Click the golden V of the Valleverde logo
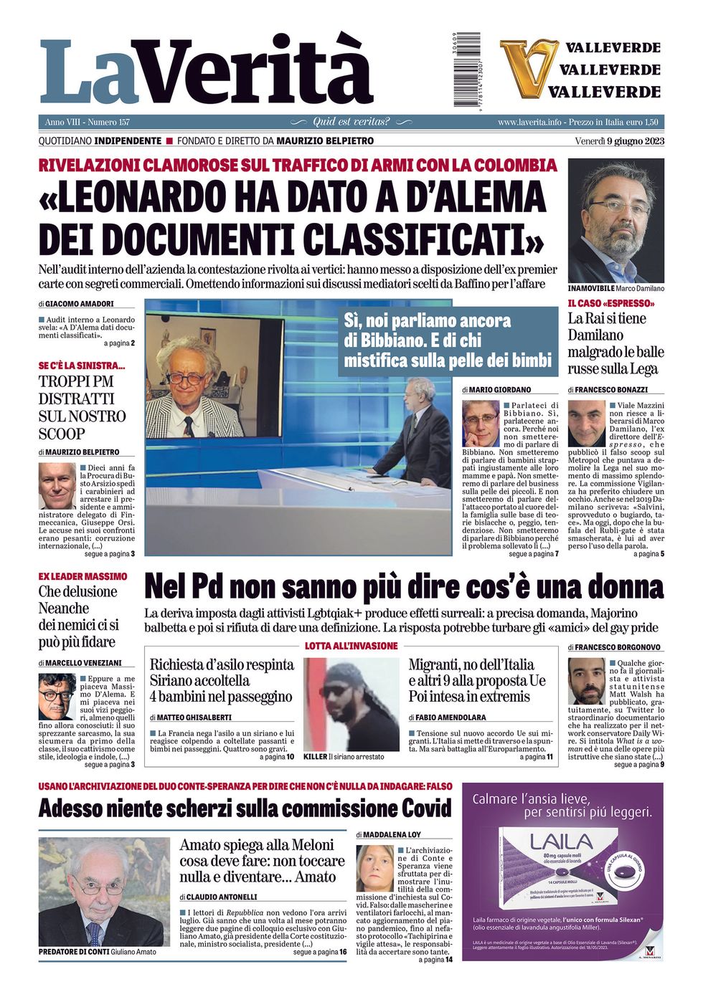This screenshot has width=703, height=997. coord(528,69)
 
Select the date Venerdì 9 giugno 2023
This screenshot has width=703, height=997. coord(619,140)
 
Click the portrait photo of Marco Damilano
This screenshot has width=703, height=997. coord(615,220)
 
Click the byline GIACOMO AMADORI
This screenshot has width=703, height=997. coord(80,304)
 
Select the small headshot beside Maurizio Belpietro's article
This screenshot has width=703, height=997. coord(57,485)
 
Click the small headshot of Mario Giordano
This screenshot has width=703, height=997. coord(480,424)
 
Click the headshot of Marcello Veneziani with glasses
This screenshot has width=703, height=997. coord(57,696)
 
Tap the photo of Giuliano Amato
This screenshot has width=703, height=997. coord(104,892)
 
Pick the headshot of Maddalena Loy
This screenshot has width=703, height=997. coord(374,868)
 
